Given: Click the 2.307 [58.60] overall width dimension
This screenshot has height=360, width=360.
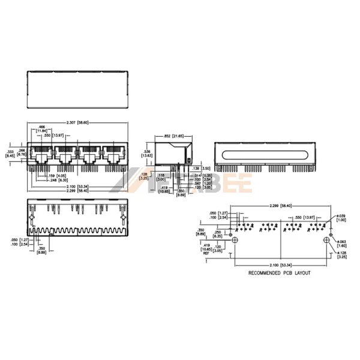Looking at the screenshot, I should (77, 122).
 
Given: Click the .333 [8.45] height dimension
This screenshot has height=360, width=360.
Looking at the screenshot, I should (10, 153).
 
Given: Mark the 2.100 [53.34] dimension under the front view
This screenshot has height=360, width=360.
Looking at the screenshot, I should (79, 186).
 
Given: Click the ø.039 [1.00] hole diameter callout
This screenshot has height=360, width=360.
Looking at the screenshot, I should (341, 218).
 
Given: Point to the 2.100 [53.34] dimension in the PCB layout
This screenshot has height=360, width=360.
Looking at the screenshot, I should (281, 265).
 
